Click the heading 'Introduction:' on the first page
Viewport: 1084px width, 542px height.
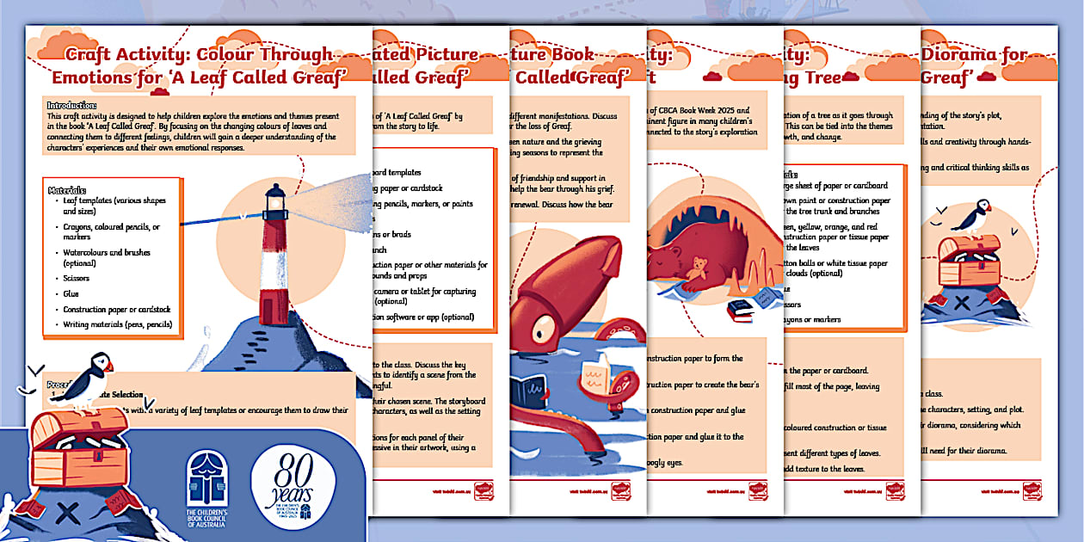click(72, 104)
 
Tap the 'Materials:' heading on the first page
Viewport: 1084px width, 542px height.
click(67, 189)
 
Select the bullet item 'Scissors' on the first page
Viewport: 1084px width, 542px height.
click(77, 279)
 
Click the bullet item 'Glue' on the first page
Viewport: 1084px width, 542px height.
click(71, 294)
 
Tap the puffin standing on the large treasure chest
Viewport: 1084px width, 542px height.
click(87, 379)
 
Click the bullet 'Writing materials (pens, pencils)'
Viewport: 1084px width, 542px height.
click(118, 325)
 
